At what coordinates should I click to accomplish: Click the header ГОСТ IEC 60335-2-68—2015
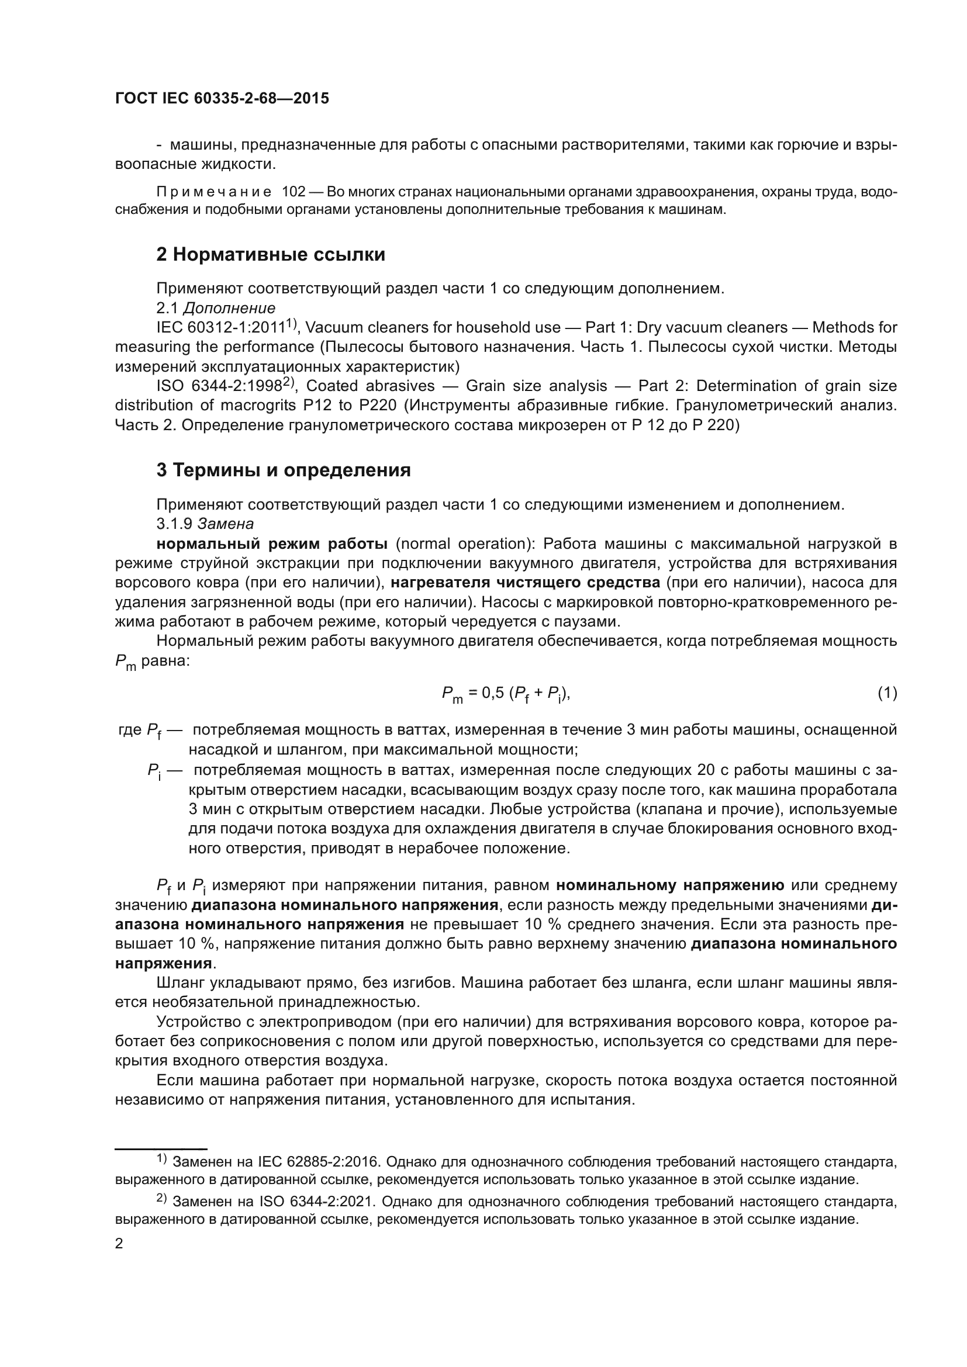(222, 99)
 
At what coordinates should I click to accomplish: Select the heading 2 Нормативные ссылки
(270, 255)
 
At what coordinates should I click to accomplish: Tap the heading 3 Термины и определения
(284, 470)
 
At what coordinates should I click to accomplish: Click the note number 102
(293, 192)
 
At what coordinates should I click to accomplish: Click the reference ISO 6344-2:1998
(219, 386)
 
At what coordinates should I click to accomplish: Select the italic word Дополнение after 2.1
(229, 309)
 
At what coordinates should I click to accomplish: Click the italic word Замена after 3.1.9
(226, 524)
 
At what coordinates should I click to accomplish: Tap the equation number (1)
(887, 693)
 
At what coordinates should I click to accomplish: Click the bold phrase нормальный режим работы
(272, 544)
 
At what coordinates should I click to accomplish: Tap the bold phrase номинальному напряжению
(670, 885)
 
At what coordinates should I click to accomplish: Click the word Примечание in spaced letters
(215, 192)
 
